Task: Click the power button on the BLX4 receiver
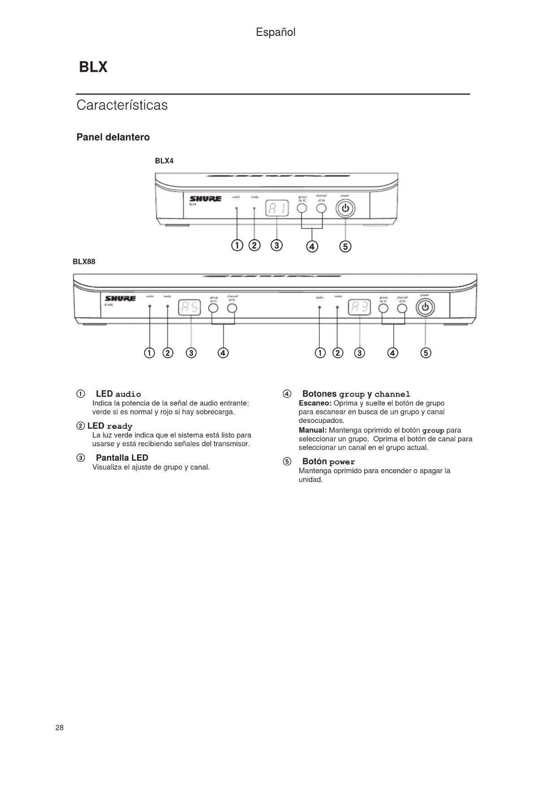pos(345,209)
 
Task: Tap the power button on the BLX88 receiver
pos(425,308)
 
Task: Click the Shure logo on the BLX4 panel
pos(205,199)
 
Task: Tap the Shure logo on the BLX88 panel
pos(120,298)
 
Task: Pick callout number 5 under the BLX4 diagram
pos(345,246)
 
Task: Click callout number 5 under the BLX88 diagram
pos(426,353)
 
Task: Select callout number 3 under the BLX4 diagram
pos(277,246)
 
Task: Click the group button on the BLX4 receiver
pos(302,208)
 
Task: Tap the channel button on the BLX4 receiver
pos(322,208)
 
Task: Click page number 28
pos(60,728)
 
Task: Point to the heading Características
pos(122,105)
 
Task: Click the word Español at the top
pos(276,32)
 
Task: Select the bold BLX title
pos(93,67)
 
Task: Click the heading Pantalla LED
pos(122,458)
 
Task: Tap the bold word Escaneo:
pos(315,403)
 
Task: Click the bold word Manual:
pos(313,430)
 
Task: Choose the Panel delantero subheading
pos(113,137)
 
